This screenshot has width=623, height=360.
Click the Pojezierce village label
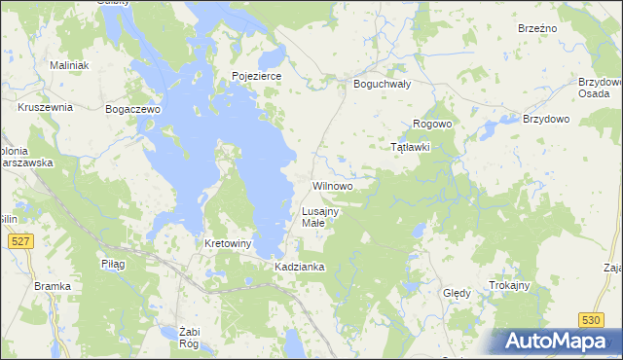(x=256, y=75)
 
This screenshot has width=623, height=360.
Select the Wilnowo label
(x=332, y=185)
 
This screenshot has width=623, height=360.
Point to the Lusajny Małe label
(x=319, y=217)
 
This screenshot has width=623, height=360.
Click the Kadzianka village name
(x=299, y=266)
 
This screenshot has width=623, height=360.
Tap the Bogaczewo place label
(x=132, y=110)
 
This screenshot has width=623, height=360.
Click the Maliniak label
(x=69, y=65)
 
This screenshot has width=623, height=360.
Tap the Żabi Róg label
(x=189, y=337)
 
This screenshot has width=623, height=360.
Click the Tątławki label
(x=410, y=147)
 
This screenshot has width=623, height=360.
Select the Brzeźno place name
(x=537, y=28)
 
